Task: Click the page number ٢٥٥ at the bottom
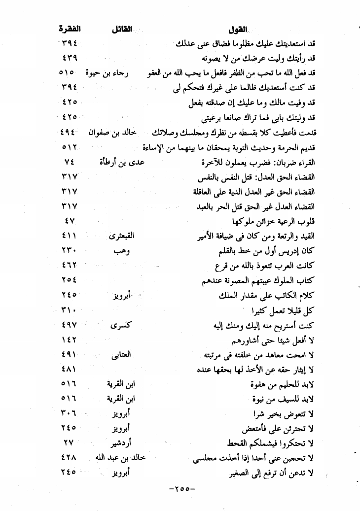point(182,490)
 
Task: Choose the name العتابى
point(121,355)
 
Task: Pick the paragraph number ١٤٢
point(69,340)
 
